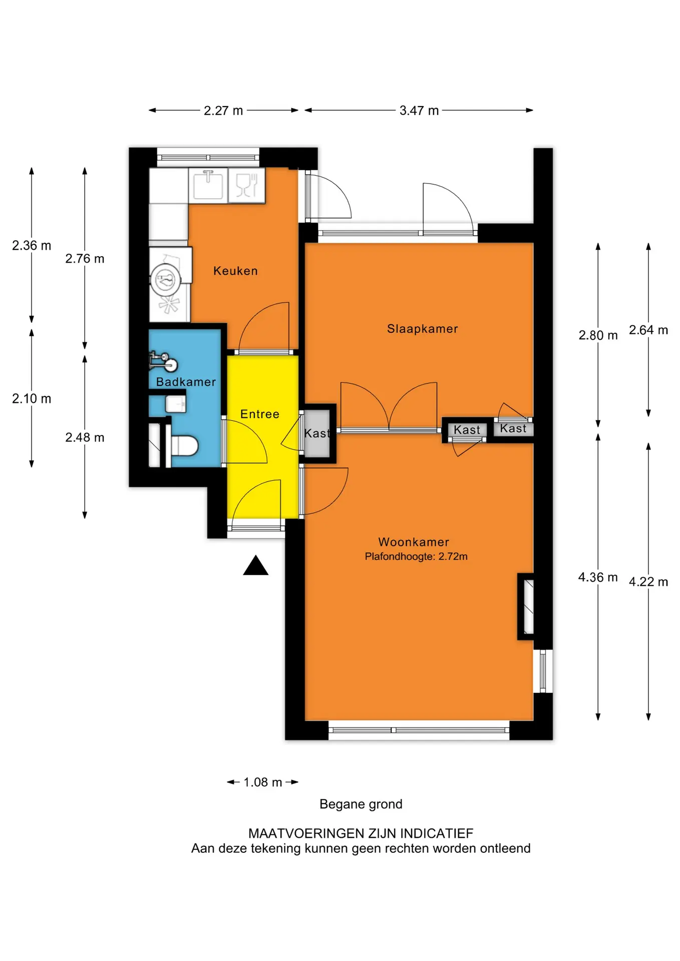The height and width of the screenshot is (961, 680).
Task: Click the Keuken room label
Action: pos(235,271)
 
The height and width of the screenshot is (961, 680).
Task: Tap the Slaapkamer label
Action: pos(422,329)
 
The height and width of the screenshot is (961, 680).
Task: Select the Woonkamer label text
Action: pos(414,542)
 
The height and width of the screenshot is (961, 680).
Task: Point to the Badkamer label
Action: pos(186,382)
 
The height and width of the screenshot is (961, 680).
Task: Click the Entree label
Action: pos(260,414)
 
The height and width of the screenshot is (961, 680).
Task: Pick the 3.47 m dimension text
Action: pos(419,111)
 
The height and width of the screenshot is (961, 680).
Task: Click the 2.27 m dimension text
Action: pos(223,111)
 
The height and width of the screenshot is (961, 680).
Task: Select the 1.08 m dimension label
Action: pos(263,782)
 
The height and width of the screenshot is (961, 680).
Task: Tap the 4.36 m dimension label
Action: pos(598,577)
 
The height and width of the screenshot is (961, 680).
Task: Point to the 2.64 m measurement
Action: pos(648,330)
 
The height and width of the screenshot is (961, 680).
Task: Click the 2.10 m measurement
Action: pos(32,398)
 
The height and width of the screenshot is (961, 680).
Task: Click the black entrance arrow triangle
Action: pos(256,567)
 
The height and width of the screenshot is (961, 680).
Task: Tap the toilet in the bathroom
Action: pos(184,445)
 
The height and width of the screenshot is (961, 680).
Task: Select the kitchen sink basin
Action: pos(208,185)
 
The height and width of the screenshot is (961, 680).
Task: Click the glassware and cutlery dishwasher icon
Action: pos(246,185)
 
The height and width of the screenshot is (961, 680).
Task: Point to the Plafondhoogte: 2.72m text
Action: pos(416,557)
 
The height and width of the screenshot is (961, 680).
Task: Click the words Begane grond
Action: pos(361,804)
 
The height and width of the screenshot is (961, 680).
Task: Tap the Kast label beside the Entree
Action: pos(317,433)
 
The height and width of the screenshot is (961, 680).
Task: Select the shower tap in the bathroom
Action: pos(164,361)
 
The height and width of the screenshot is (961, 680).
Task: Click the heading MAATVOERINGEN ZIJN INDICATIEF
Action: pos(361,833)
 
